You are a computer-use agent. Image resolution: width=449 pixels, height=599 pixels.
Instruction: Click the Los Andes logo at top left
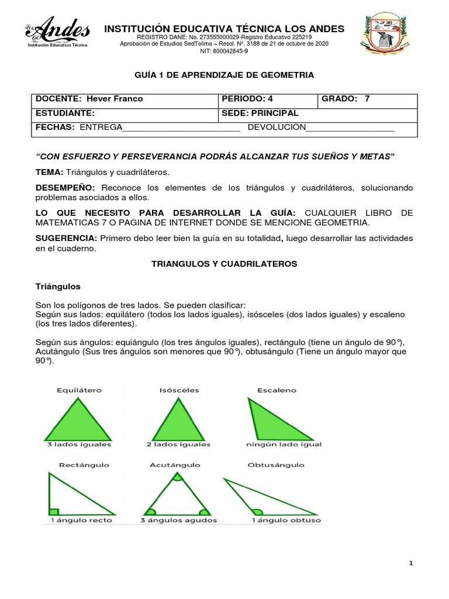[57, 33]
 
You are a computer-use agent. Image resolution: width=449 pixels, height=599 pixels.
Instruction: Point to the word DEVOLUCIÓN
[277, 128]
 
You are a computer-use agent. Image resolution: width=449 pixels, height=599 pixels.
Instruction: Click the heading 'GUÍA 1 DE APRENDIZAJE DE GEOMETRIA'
[224, 75]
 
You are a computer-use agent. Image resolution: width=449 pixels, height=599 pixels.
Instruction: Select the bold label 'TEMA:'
[50, 172]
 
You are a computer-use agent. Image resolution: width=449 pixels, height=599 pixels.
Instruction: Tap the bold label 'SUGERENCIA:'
[67, 238]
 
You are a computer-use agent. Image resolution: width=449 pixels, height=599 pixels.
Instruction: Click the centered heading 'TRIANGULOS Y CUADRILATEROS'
[224, 264]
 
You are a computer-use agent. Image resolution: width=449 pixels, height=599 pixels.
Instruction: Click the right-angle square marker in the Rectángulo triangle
[54, 511]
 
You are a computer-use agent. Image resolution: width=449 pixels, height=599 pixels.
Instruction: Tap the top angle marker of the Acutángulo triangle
[177, 477]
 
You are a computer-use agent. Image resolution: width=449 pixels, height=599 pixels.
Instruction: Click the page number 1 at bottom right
[411, 563]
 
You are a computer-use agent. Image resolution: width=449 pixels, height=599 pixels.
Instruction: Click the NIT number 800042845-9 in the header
[224, 51]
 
